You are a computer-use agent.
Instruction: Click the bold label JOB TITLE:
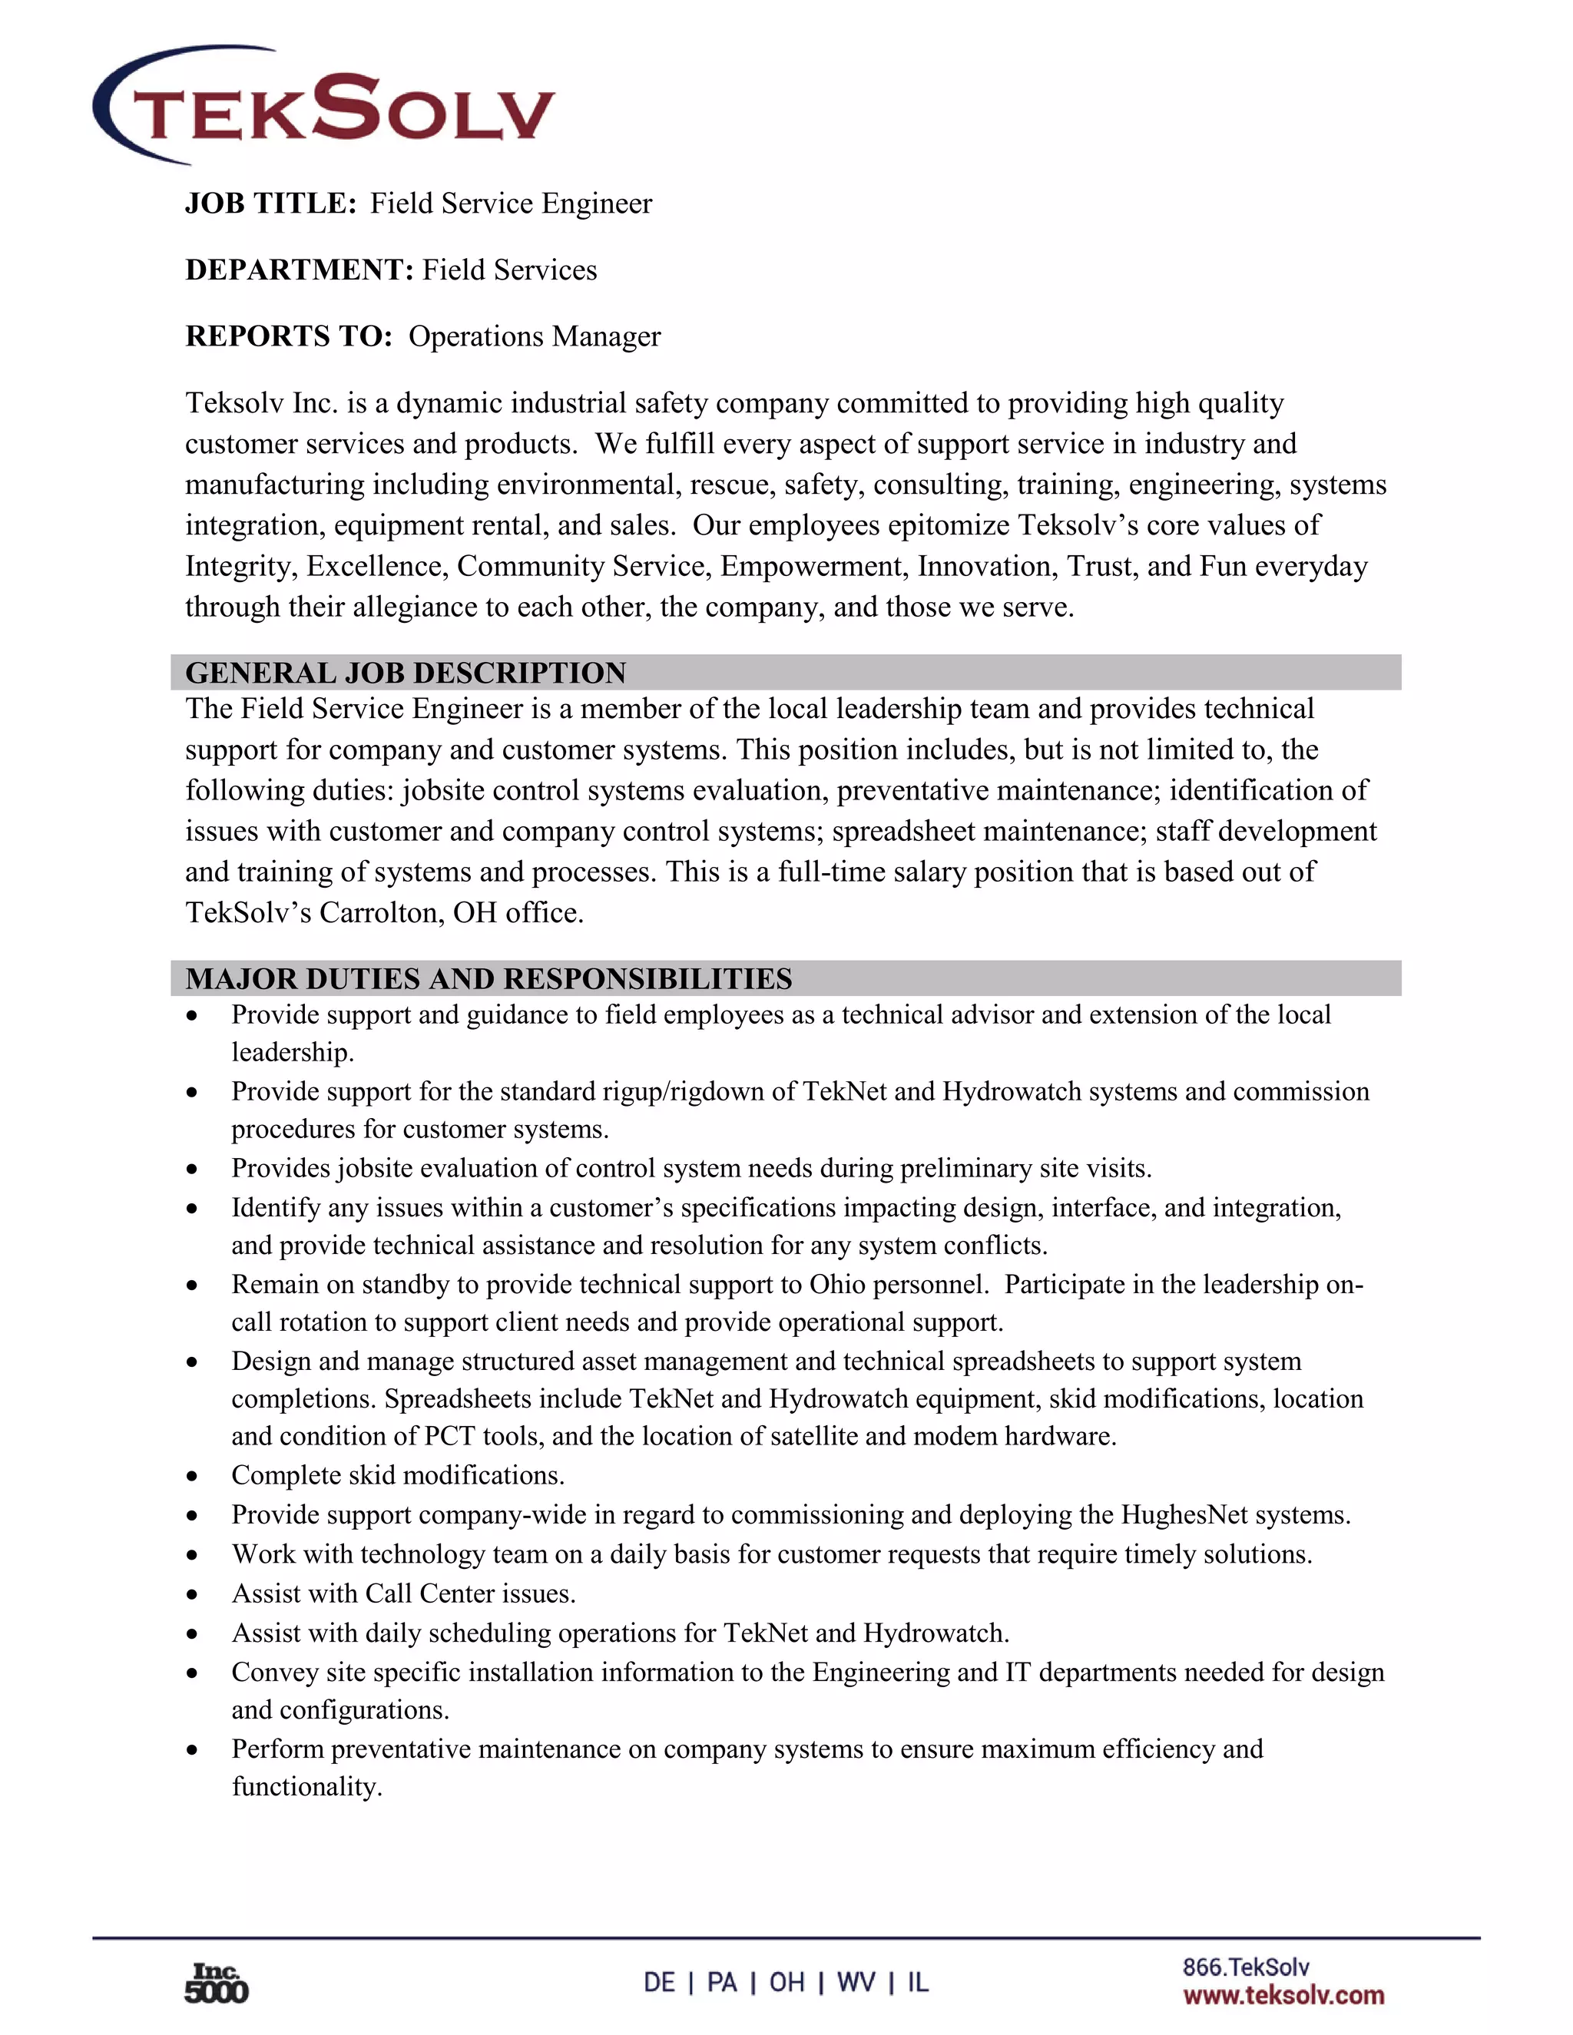270,203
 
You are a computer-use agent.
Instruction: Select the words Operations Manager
534,336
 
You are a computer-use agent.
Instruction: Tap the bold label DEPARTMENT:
299,270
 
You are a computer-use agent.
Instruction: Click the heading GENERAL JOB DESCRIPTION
406,673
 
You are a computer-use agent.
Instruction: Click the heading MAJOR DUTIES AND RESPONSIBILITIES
488,978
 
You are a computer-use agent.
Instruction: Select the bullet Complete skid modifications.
398,1476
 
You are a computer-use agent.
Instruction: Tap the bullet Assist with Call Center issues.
403,1593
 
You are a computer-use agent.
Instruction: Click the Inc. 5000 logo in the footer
216,1983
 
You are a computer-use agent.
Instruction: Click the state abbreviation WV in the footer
856,1982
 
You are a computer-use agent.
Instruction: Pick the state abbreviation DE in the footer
659,1982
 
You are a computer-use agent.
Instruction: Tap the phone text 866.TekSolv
1245,1967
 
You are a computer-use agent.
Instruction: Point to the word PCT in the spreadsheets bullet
449,1436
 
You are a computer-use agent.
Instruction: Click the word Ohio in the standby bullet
839,1285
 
